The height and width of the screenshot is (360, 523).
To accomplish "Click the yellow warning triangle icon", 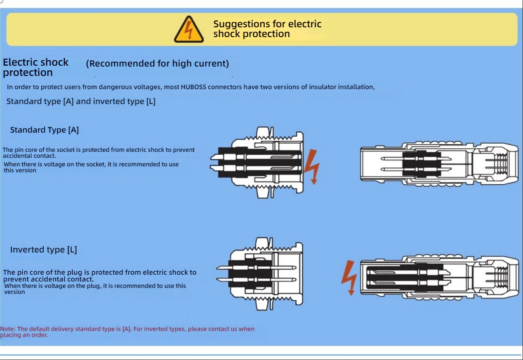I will pyautogui.click(x=189, y=29).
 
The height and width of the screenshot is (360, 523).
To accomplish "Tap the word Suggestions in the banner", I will pyautogui.click(x=241, y=24).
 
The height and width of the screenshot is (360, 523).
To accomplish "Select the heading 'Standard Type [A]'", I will pyautogui.click(x=44, y=130).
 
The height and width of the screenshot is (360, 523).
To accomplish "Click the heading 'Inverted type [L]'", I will pyautogui.click(x=43, y=250).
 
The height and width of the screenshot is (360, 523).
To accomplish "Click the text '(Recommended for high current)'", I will pyautogui.click(x=157, y=64).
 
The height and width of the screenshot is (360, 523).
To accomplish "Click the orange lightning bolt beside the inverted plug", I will pyautogui.click(x=349, y=278).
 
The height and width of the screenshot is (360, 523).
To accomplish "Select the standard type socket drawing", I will pyautogui.click(x=257, y=162).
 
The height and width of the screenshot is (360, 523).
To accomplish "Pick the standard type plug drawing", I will pyautogui.click(x=439, y=163).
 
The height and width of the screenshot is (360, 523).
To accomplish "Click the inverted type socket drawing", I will pyautogui.click(x=260, y=273).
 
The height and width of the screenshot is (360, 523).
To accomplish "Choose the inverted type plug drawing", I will pyautogui.click(x=439, y=275).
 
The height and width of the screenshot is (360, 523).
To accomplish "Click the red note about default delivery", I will pyautogui.click(x=127, y=331).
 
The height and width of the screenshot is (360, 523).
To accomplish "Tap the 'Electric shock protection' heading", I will pyautogui.click(x=35, y=67).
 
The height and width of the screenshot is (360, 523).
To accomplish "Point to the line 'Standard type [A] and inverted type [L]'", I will pyautogui.click(x=81, y=102).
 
